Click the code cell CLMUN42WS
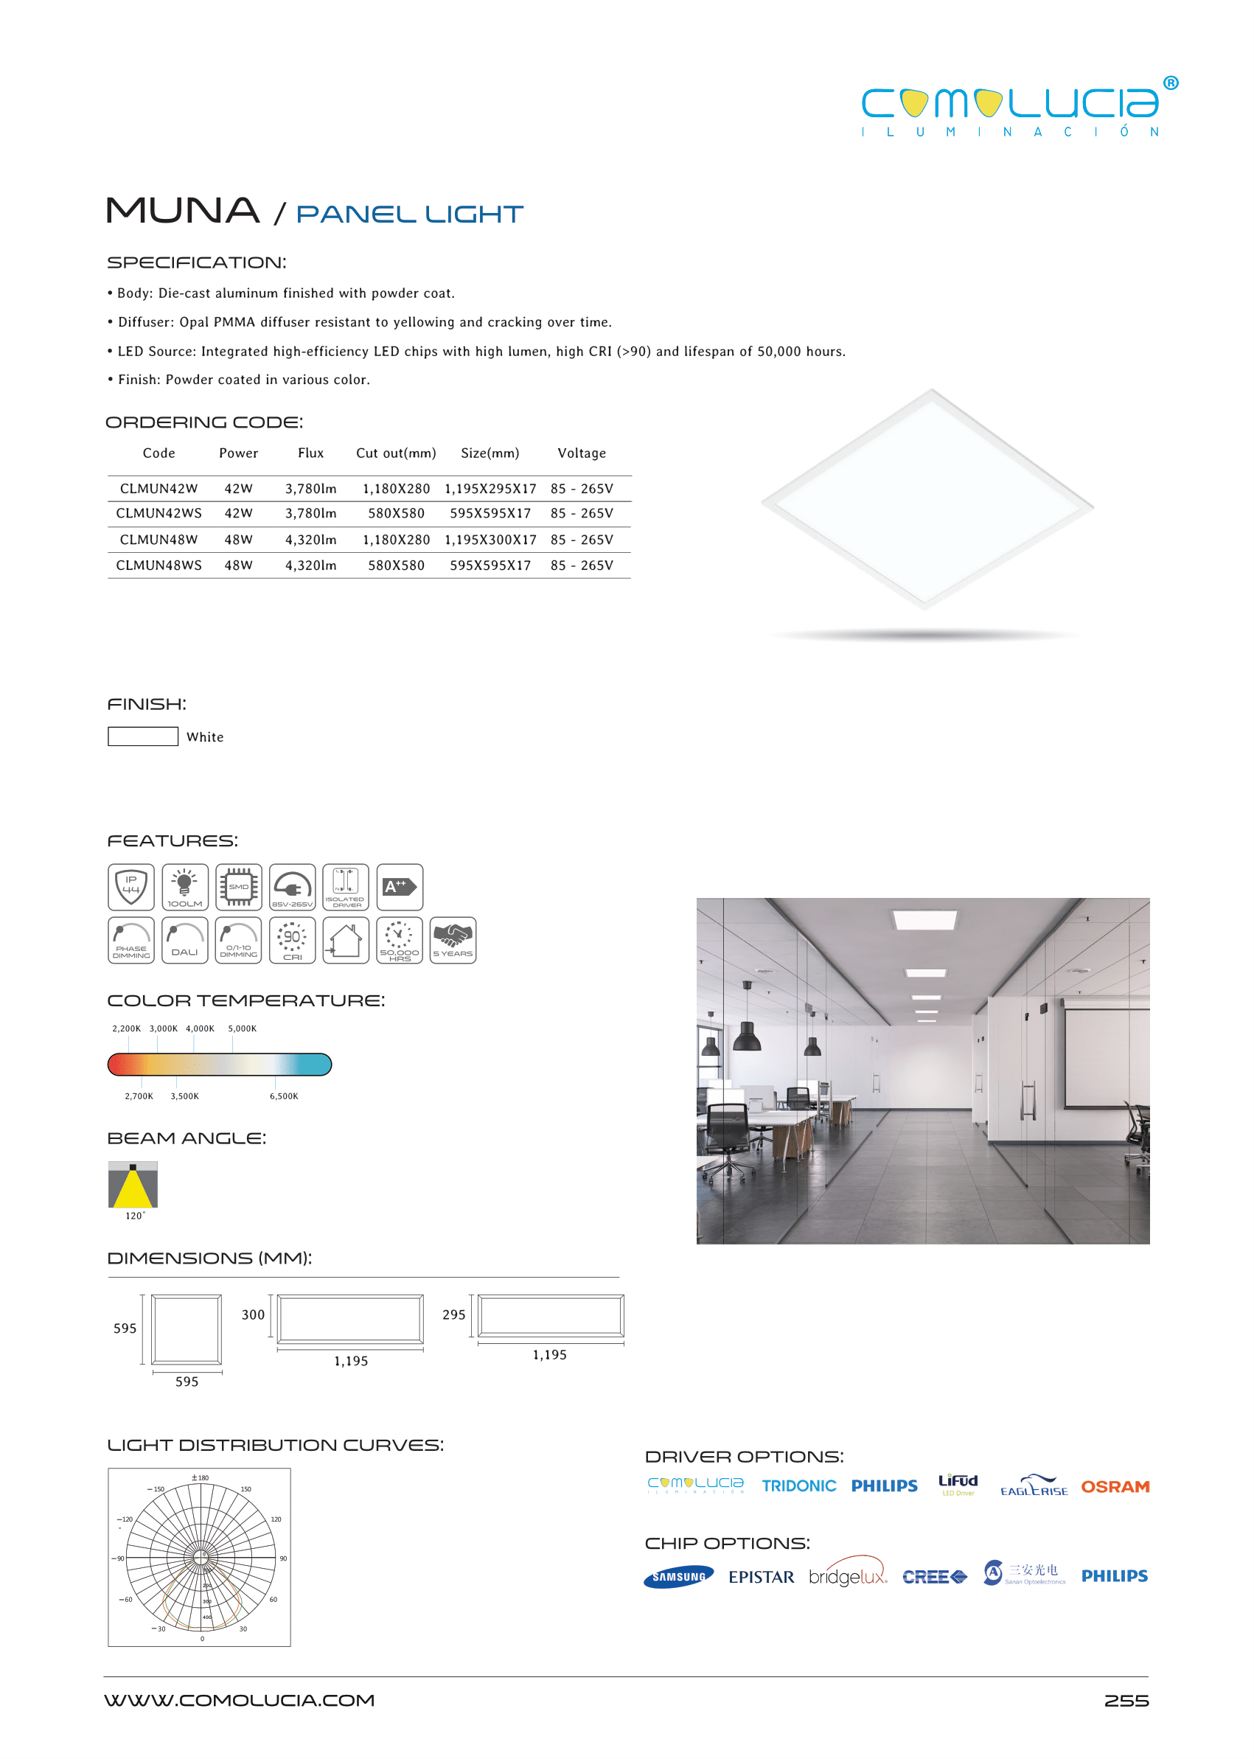coord(159,514)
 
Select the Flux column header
coord(310,453)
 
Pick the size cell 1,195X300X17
coord(490,540)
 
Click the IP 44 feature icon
coord(131,886)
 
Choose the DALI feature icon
coord(184,940)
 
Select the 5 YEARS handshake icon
coord(453,940)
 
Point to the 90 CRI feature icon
coord(292,940)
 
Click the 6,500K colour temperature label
coord(283,1096)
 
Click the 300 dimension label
coord(253,1314)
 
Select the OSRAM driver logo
coord(1114,1486)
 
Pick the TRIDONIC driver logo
coord(798,1485)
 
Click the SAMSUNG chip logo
coord(678,1577)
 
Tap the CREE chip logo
coord(934,1577)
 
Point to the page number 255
coord(1126,1700)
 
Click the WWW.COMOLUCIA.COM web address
coord(240,1700)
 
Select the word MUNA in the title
coord(182,211)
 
